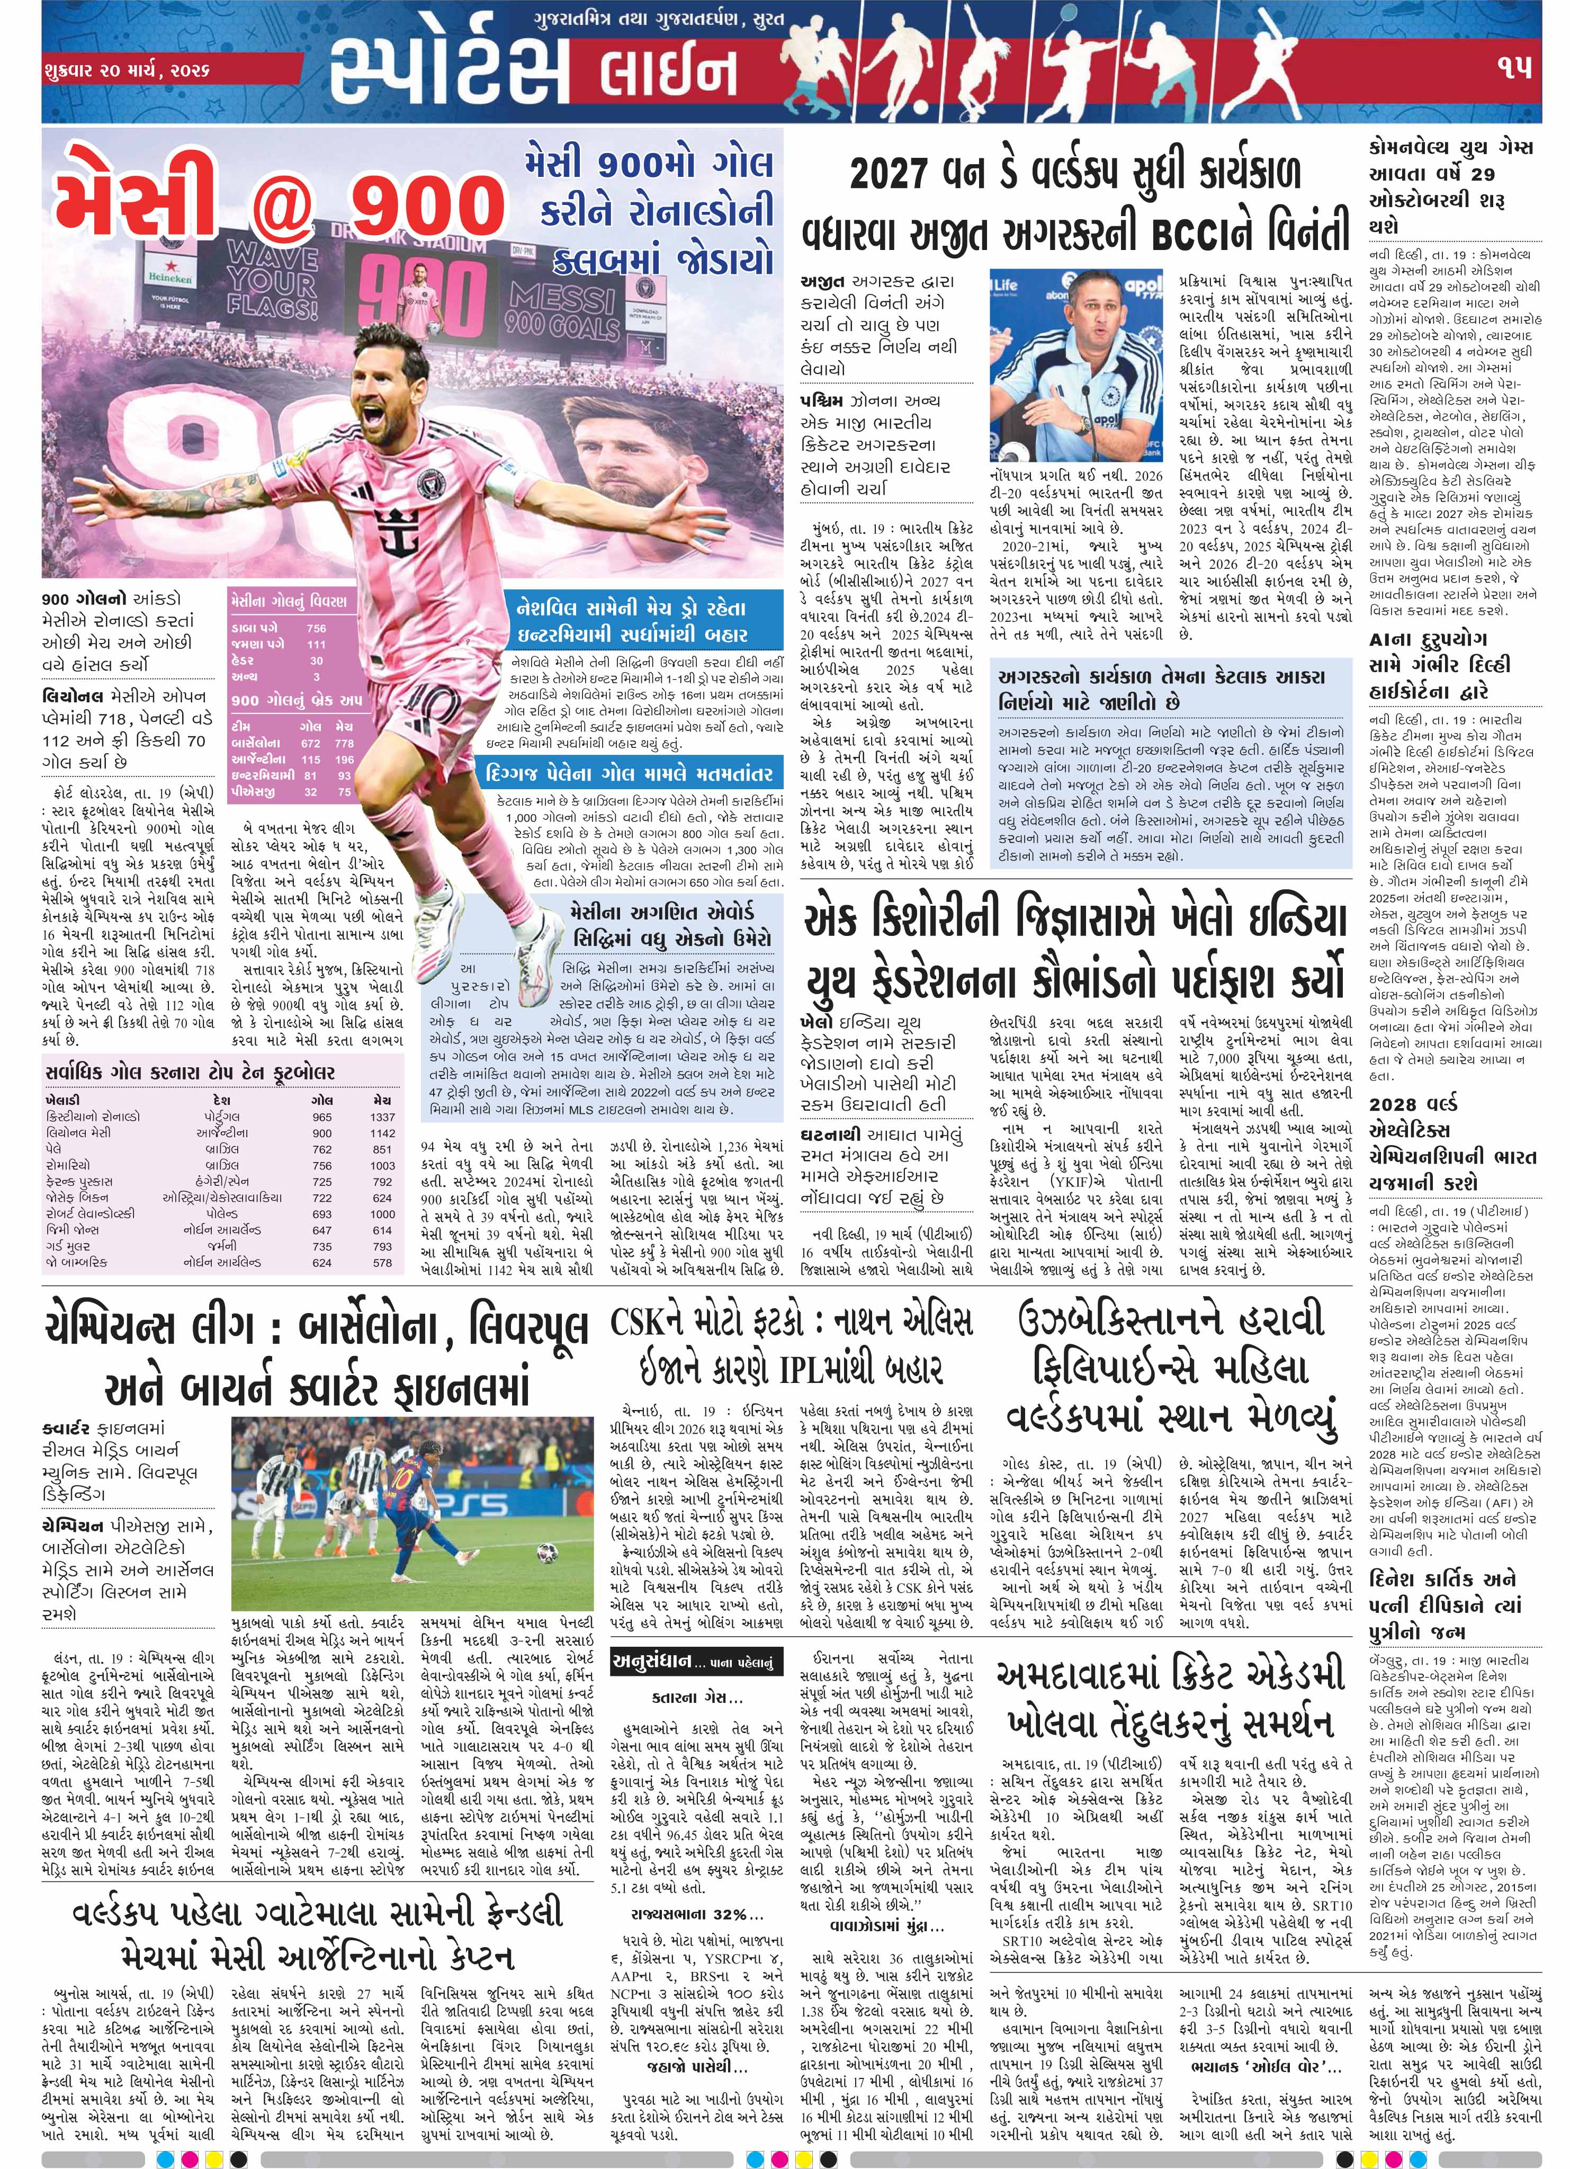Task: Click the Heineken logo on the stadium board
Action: click(x=169, y=278)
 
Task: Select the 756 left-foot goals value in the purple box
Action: click(x=316, y=628)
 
